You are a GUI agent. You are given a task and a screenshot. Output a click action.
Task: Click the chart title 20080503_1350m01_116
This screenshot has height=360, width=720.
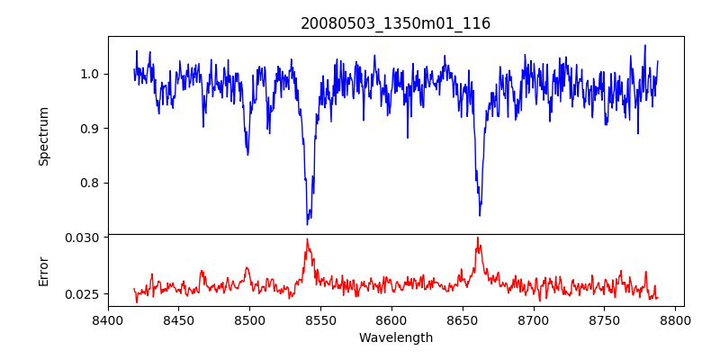pyautogui.click(x=395, y=23)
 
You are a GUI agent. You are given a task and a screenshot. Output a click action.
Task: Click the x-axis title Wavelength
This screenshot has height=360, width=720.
pyautogui.click(x=395, y=338)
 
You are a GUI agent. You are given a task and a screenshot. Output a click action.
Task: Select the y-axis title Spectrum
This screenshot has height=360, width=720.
pyautogui.click(x=43, y=136)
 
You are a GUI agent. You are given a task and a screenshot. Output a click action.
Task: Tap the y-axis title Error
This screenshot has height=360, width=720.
pyautogui.click(x=43, y=271)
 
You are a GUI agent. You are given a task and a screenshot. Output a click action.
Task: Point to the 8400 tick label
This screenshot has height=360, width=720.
pyautogui.click(x=108, y=320)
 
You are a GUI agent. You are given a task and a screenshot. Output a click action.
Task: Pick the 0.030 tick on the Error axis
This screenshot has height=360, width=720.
pyautogui.click(x=84, y=238)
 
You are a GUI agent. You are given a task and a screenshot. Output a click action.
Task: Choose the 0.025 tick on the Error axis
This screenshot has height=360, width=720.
pyautogui.click(x=84, y=294)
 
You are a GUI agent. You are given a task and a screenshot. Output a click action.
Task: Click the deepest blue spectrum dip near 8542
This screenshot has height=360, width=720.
pyautogui.click(x=308, y=223)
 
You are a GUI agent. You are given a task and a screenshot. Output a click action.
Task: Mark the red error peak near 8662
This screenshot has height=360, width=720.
pyautogui.click(x=478, y=238)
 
